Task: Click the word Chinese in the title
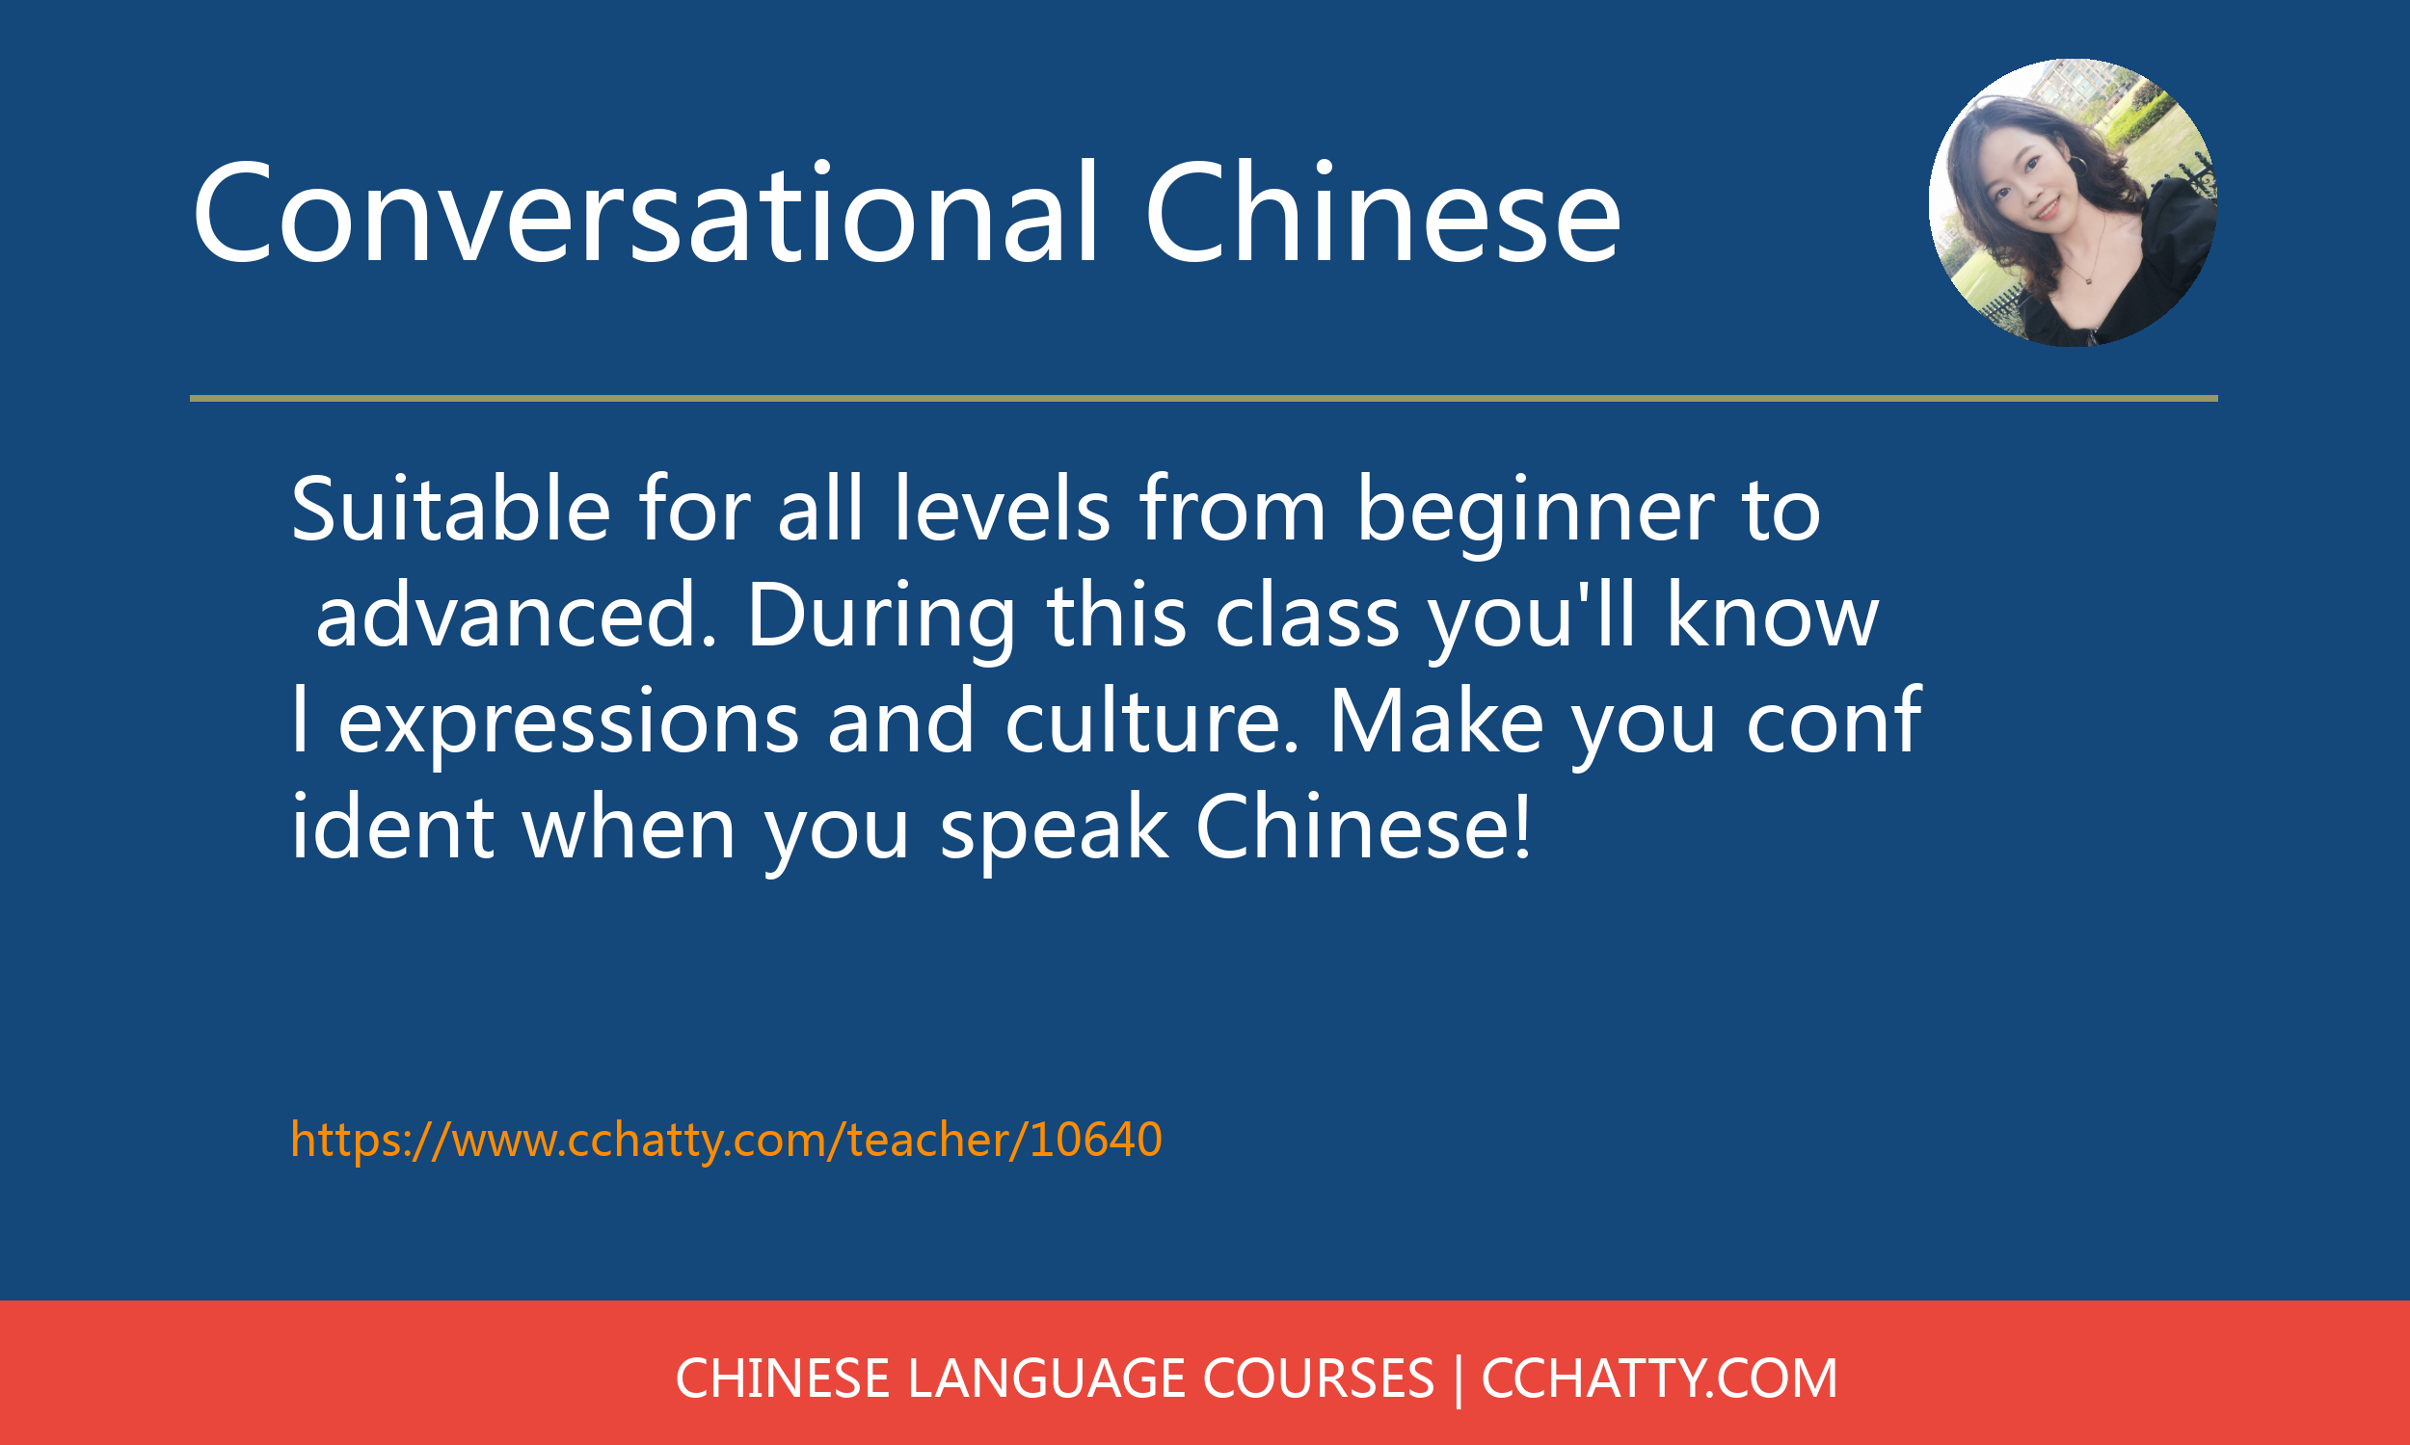[1383, 211]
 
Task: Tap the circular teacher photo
[2073, 202]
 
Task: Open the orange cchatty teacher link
[727, 1140]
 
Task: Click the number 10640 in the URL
[1096, 1140]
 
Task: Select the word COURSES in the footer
[1319, 1379]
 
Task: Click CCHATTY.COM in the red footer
[1659, 1379]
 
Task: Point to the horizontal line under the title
[1204, 398]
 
